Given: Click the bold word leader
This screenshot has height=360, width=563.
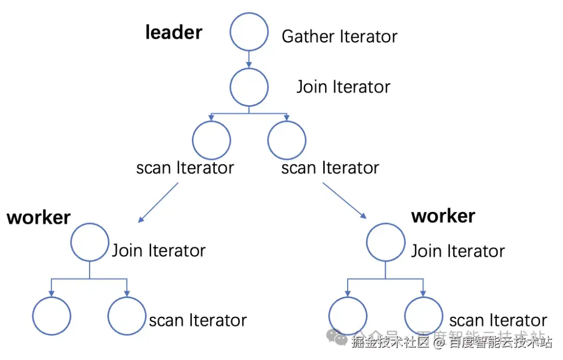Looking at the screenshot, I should click(174, 32).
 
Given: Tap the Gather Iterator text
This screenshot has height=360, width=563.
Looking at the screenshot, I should click(339, 36).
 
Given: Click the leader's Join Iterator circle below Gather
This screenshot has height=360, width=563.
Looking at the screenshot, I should click(249, 86).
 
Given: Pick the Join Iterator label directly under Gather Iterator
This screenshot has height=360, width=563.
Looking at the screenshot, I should click(343, 86).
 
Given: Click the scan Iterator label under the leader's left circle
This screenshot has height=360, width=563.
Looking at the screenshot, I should click(185, 168).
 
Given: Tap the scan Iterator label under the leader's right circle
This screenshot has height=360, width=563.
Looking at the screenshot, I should click(330, 168).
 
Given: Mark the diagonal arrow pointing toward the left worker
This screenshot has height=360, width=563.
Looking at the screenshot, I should click(158, 202).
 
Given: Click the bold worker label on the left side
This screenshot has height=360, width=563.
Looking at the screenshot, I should click(39, 217).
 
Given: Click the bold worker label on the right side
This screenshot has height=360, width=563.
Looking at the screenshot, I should click(443, 216).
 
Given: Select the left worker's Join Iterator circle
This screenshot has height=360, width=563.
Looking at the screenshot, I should click(90, 242).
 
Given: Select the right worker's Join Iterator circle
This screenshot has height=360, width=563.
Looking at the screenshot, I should click(386, 242).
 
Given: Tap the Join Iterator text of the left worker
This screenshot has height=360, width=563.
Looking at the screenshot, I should click(158, 251).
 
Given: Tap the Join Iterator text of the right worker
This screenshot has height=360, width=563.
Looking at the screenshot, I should click(458, 251).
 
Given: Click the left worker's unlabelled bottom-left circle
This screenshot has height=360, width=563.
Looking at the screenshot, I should click(51, 316).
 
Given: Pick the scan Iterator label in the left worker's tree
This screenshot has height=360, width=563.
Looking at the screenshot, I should click(198, 320).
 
